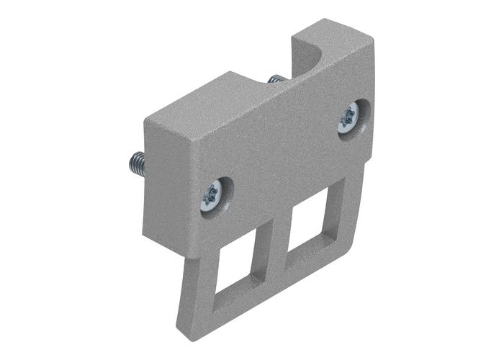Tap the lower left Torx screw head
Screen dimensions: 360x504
point(213,194)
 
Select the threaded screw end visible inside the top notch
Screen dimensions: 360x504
point(274,77)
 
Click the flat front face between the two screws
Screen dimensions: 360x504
point(281,155)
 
